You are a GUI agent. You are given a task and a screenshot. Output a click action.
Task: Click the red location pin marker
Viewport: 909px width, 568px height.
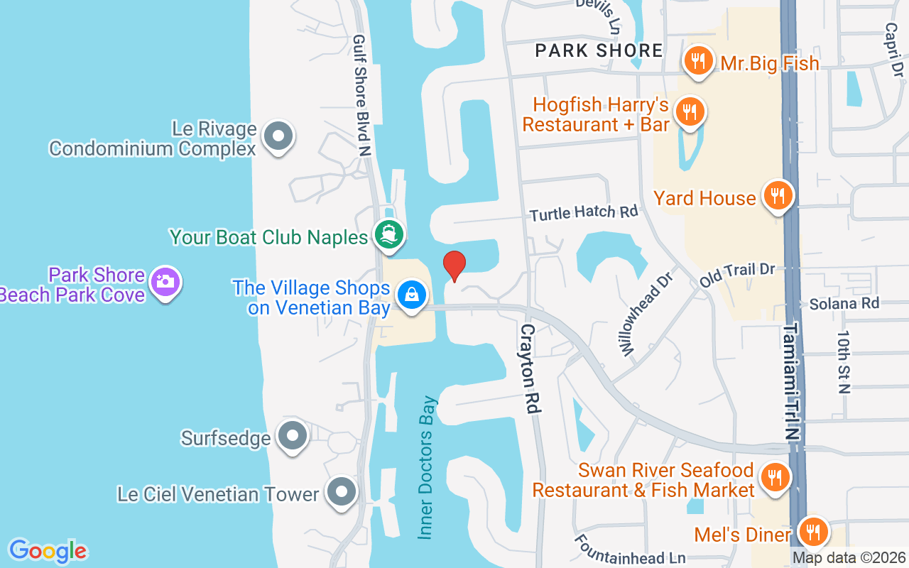454,266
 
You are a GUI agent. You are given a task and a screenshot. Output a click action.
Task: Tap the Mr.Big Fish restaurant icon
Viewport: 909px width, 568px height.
699,61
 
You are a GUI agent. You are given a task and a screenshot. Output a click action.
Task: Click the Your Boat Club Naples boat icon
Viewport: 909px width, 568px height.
388,235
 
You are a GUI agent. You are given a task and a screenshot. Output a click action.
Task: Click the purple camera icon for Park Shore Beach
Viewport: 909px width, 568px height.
165,282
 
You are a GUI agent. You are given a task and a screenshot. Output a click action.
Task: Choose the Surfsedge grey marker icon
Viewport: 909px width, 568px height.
292,436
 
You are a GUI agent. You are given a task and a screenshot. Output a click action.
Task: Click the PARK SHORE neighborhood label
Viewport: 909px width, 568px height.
599,50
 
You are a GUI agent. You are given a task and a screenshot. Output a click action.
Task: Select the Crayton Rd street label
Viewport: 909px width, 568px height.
530,369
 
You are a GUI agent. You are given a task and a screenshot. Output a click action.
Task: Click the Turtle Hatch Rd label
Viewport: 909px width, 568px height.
584,212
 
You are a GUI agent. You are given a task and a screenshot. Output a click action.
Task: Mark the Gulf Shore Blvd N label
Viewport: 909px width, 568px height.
363,96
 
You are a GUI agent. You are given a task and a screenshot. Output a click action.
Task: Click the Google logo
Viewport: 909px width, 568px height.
48,550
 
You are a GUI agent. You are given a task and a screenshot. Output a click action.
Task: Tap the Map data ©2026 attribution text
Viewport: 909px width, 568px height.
849,558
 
